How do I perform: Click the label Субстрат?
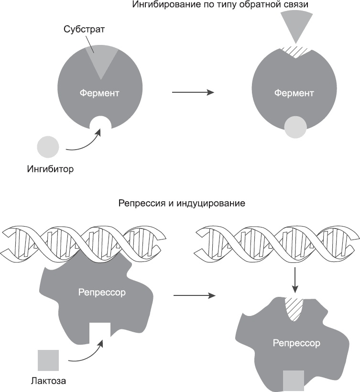[84, 29]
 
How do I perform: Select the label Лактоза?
[48, 381]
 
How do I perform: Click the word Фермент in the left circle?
[99, 93]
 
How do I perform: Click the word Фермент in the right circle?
[294, 93]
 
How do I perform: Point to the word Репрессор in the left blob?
[102, 292]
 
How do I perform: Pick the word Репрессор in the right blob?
[296, 343]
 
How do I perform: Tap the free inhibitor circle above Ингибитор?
[48, 146]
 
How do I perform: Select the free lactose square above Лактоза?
[48, 360]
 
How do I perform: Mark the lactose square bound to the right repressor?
[294, 380]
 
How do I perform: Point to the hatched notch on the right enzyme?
[296, 51]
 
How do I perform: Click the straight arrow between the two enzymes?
[192, 93]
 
